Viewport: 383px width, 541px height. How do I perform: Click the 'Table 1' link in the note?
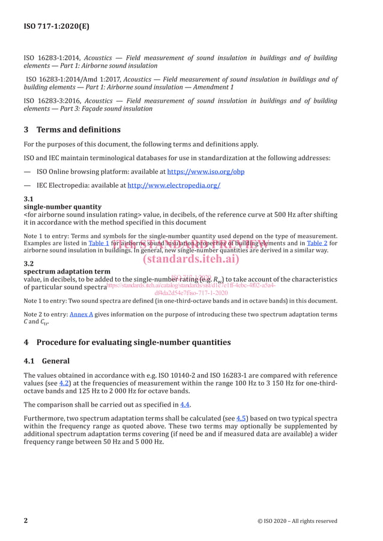click(98, 243)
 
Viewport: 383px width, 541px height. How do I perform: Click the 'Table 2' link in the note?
click(318, 243)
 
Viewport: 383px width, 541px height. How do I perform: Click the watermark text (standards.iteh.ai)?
click(191, 259)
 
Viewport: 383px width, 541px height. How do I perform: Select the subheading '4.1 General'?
click(46, 361)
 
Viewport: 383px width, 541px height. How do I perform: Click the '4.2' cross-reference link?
click(64, 383)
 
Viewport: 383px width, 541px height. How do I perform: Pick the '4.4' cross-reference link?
click(185, 404)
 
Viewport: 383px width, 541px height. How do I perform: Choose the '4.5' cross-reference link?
click(241, 418)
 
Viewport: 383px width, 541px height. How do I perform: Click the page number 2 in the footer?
click(26, 521)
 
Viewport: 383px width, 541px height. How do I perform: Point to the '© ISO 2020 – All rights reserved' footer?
click(297, 521)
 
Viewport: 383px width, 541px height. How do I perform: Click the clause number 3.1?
click(28, 199)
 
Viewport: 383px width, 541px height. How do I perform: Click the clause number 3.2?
click(28, 263)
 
